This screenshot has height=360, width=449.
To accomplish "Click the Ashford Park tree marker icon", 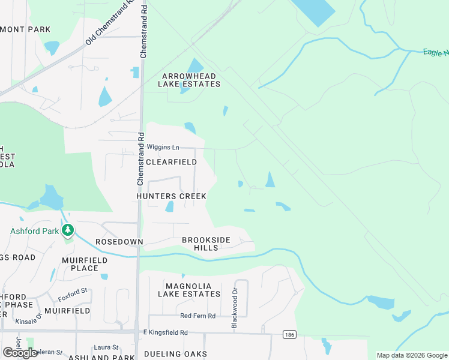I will [68, 230].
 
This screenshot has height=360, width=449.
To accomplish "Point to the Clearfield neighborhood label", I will [171, 162].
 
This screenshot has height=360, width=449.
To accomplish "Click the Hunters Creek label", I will [171, 196].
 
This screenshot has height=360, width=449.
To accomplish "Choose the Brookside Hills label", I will [206, 244].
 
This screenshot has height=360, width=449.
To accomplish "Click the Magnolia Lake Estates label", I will [189, 290].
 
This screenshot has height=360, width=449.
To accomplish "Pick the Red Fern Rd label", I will [197, 316].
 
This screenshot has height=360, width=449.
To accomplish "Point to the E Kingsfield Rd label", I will [165, 332].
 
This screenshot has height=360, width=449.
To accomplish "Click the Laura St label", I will [106, 347].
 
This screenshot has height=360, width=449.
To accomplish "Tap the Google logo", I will [20, 353].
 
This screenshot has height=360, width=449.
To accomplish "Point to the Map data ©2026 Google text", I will [411, 355].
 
